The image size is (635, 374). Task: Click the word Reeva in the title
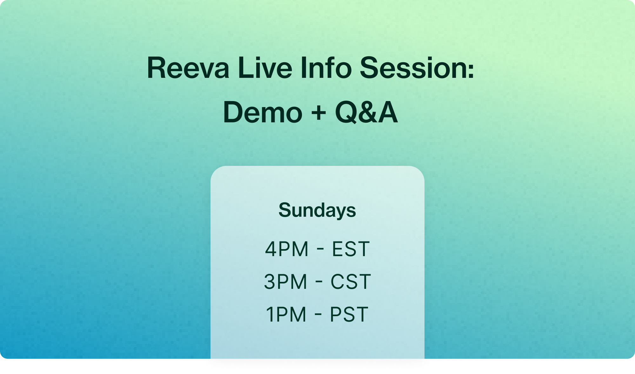pos(188,68)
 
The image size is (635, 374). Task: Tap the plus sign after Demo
pos(318,113)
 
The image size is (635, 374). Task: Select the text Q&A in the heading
pos(366,112)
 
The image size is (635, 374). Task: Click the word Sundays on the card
pos(317,210)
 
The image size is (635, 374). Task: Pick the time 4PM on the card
pos(287,249)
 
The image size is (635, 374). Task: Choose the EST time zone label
pos(351,249)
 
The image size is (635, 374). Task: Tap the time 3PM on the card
pos(286,282)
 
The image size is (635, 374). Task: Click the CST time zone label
pos(351,282)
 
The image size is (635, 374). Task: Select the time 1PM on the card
pos(286,314)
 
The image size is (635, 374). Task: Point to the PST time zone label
pos(349,314)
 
